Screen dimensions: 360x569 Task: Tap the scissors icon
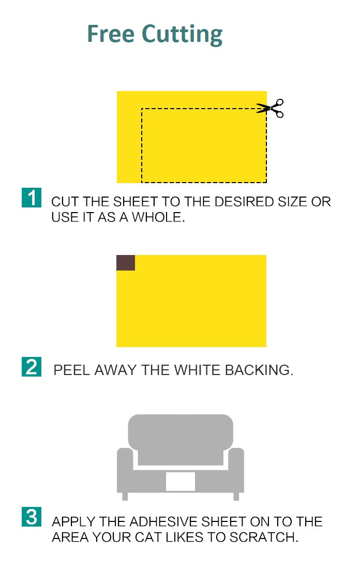tap(270, 108)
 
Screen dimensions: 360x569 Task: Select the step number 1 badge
tap(32, 198)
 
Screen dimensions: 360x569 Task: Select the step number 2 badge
tap(32, 367)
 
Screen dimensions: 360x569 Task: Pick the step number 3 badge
tap(32, 516)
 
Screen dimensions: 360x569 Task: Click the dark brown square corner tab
tap(126, 263)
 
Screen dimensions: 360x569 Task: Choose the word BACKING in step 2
tap(259, 370)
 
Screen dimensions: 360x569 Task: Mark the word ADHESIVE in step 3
tap(163, 521)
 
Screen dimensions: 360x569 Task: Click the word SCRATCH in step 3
tap(263, 537)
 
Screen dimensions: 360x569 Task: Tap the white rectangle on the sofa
tap(181, 482)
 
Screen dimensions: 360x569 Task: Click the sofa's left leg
tap(125, 496)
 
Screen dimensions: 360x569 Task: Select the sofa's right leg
tap(236, 496)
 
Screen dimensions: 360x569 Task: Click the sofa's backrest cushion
tap(181, 439)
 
